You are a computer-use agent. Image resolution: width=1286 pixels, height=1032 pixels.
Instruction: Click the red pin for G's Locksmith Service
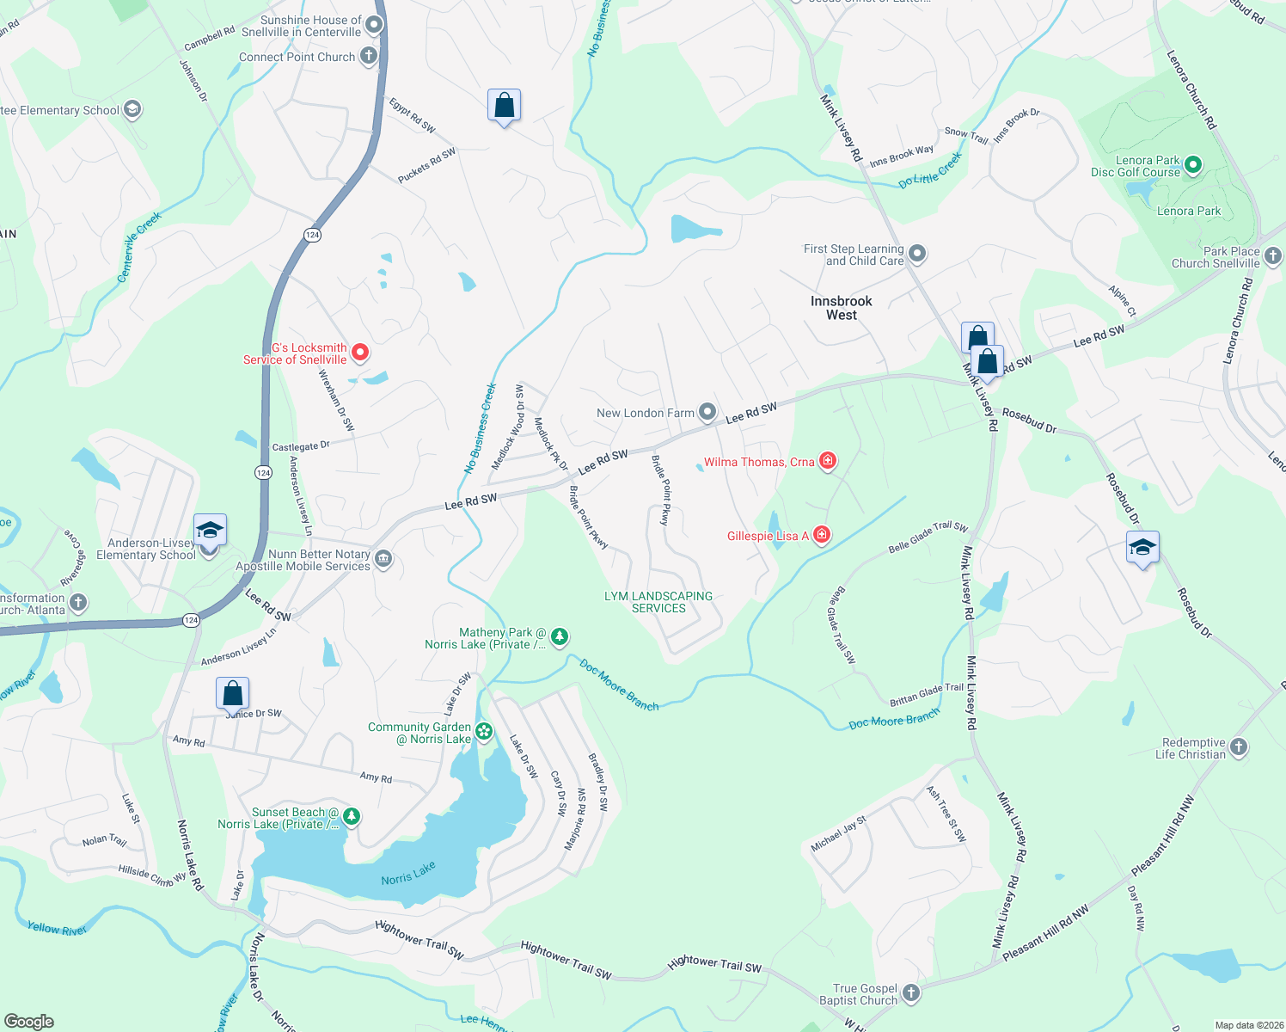click(x=361, y=352)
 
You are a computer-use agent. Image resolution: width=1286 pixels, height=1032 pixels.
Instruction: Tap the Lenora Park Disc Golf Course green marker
click(x=1192, y=165)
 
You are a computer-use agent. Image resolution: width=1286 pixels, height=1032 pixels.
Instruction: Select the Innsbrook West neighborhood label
click(x=841, y=308)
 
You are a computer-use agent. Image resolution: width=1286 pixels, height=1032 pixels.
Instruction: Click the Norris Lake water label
click(x=408, y=875)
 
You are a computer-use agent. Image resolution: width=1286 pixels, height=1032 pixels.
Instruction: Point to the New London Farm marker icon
click(x=707, y=412)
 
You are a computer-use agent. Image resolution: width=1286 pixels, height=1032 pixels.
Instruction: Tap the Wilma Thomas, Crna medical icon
click(x=827, y=462)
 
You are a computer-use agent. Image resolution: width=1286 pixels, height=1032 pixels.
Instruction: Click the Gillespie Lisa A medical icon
click(x=822, y=536)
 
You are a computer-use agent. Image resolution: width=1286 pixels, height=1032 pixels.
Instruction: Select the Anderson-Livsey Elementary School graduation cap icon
click(x=210, y=530)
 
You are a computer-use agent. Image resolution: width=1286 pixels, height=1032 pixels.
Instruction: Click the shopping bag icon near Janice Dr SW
click(x=232, y=692)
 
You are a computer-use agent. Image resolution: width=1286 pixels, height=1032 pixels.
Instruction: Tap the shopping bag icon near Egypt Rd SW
click(x=505, y=105)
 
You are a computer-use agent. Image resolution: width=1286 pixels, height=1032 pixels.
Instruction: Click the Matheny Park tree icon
click(x=560, y=636)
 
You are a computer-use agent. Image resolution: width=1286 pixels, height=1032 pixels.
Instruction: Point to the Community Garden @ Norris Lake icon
click(x=485, y=732)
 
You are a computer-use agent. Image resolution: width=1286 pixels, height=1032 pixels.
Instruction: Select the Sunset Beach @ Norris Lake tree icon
click(x=351, y=816)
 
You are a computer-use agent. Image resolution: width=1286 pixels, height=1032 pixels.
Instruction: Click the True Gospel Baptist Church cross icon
click(x=911, y=993)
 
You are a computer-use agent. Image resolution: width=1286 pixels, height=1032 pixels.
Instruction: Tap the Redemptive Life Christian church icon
click(x=1239, y=747)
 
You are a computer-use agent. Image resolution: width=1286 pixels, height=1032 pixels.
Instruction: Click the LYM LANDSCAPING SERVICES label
click(x=658, y=602)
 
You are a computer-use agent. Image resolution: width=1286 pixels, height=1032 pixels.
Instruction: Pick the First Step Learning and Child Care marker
click(x=917, y=254)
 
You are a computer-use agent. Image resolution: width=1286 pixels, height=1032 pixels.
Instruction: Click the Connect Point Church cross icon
click(x=368, y=57)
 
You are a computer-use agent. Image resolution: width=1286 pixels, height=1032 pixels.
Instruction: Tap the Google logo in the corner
click(x=28, y=1021)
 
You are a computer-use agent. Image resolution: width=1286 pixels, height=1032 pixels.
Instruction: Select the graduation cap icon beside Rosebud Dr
click(x=1142, y=548)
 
